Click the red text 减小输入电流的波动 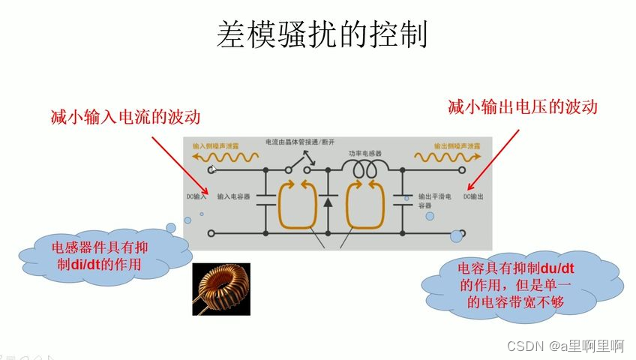(125, 117)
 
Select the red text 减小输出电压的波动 (522, 106)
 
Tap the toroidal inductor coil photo (221, 288)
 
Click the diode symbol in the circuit (327, 202)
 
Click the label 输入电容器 (233, 197)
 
